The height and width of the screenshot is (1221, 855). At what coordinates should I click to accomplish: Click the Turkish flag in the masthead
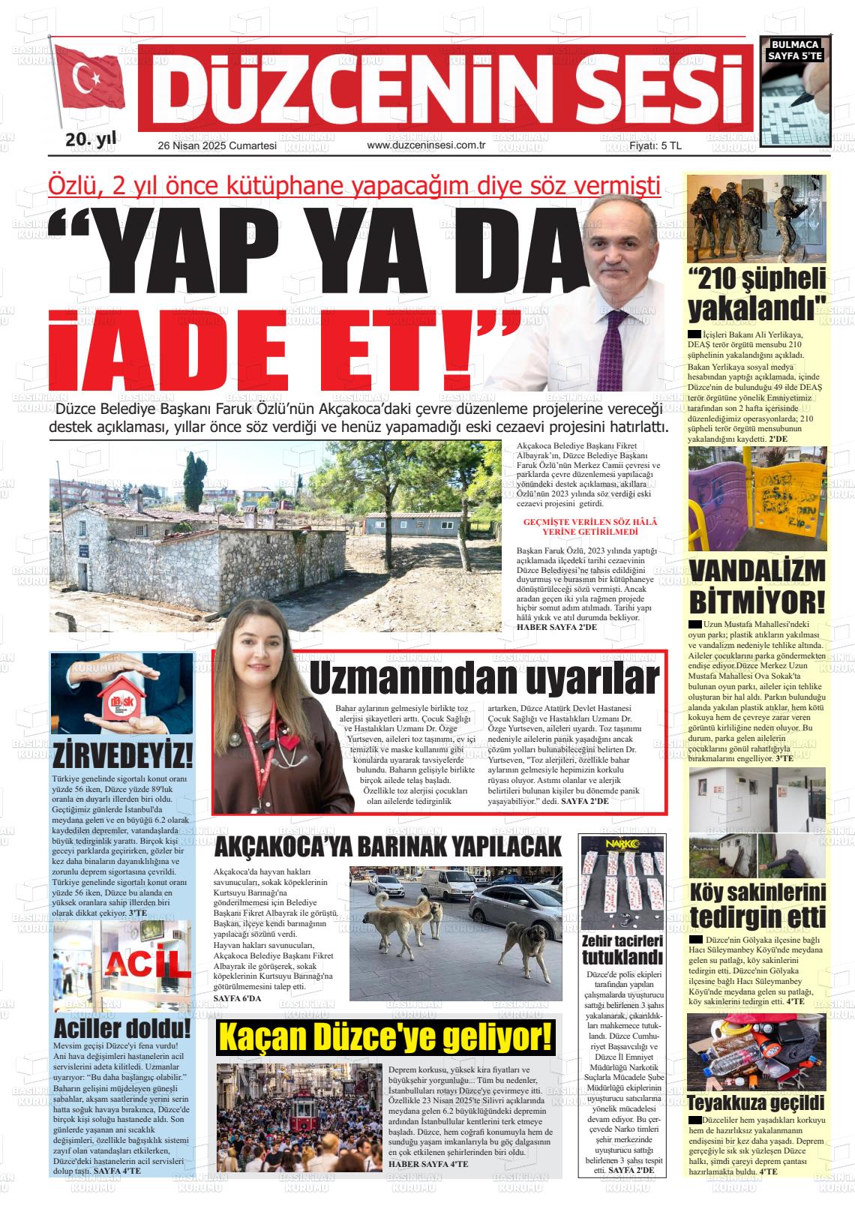pyautogui.click(x=88, y=82)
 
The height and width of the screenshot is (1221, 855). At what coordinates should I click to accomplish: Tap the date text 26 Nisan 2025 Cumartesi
pyautogui.click(x=217, y=145)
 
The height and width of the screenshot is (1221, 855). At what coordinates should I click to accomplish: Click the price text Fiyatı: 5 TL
pyautogui.click(x=655, y=145)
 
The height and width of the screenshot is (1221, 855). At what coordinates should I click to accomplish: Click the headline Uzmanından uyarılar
pyautogui.click(x=484, y=679)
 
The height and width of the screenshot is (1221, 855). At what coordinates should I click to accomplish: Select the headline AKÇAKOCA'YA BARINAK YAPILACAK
pyautogui.click(x=388, y=847)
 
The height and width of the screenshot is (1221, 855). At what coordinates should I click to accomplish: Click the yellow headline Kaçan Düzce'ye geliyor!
pyautogui.click(x=385, y=1038)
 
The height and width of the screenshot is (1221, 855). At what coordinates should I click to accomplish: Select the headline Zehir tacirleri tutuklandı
pyautogui.click(x=622, y=949)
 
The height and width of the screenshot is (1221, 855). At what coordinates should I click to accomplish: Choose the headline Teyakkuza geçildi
pyautogui.click(x=755, y=1102)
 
